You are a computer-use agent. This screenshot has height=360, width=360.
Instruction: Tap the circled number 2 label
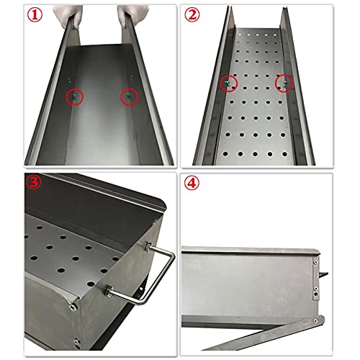192,14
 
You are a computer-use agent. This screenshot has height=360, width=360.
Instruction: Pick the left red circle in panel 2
228,84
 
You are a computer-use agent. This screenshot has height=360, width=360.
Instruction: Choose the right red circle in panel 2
284,84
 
